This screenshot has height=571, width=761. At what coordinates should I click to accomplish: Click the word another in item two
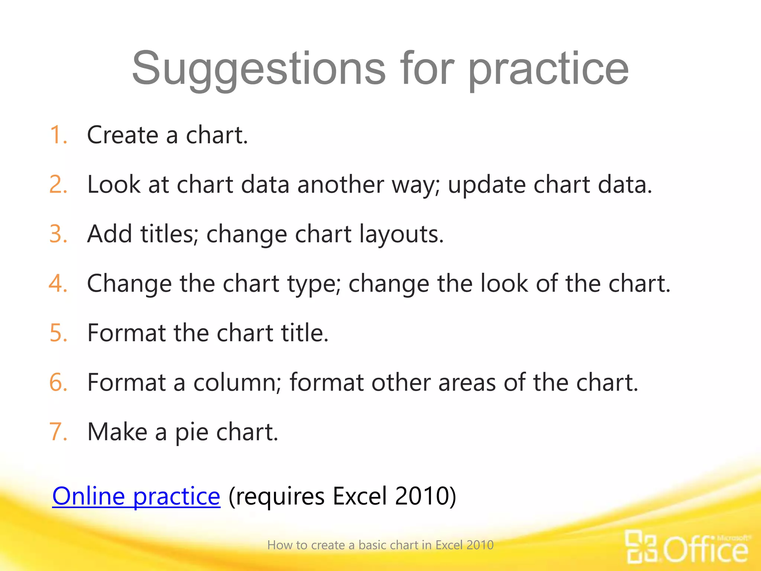click(340, 184)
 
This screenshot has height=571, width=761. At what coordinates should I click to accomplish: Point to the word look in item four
click(504, 283)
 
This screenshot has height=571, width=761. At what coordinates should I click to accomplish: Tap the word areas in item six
click(467, 383)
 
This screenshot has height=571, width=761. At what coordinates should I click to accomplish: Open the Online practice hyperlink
click(136, 496)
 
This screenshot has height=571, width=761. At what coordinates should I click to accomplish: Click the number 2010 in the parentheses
click(422, 496)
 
